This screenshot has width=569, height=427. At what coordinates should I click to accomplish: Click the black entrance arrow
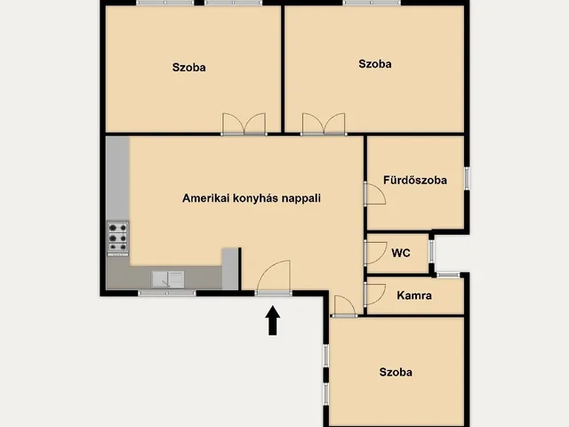[x=273, y=320]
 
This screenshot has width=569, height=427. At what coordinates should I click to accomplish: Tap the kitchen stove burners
[x=118, y=238]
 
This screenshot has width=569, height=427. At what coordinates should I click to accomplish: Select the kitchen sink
[x=168, y=278]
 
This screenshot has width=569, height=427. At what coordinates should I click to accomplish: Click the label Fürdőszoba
[x=415, y=180]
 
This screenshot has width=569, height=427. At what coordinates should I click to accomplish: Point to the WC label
[x=401, y=253]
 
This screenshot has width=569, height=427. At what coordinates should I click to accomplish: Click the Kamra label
[x=414, y=295]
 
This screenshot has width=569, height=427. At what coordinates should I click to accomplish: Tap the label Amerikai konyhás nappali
[x=252, y=198]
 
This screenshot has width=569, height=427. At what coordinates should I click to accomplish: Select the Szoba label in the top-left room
[x=189, y=68]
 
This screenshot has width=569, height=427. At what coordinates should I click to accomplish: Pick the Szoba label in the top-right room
[x=375, y=64]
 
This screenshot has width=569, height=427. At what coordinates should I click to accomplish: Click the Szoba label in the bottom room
[x=396, y=372]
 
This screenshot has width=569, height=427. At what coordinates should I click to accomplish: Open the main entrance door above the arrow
[x=274, y=278]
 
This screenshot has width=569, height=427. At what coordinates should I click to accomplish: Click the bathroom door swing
[x=375, y=194]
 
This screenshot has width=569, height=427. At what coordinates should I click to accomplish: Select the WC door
[x=375, y=253]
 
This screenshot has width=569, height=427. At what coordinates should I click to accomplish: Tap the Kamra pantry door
[x=374, y=294]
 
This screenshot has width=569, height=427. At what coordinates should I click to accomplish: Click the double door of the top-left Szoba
[x=244, y=125]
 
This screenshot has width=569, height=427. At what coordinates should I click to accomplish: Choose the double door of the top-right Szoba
[x=324, y=125]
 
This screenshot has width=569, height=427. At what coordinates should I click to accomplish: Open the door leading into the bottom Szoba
[x=344, y=306]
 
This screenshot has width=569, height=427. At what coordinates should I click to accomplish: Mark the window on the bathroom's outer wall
[x=467, y=179]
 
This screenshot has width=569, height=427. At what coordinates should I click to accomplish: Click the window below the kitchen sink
[x=167, y=293]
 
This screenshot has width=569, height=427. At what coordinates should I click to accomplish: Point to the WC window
[x=431, y=251]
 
